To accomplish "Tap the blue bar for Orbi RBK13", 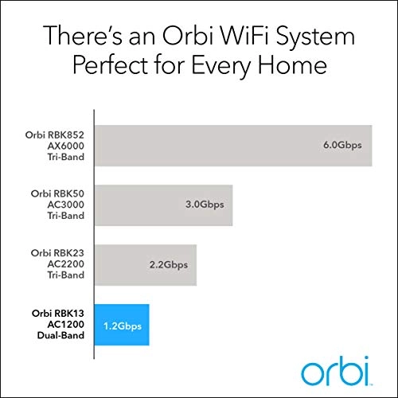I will tap(121, 325).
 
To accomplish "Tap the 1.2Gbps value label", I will tap(121, 325).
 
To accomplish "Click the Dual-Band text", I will tap(60, 336).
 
